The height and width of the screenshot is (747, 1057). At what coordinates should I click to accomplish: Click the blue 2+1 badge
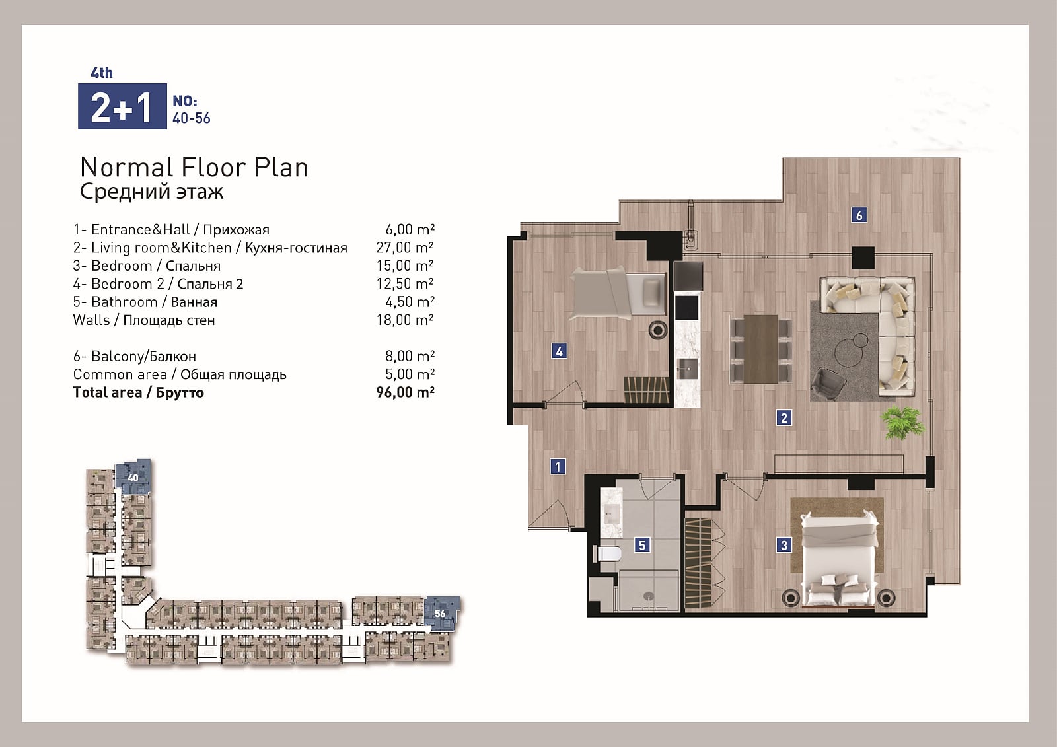(122, 106)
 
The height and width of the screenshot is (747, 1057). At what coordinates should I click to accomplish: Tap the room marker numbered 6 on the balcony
(859, 215)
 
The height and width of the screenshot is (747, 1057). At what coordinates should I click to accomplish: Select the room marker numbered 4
(559, 351)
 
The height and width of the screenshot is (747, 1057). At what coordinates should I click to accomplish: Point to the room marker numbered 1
(558, 467)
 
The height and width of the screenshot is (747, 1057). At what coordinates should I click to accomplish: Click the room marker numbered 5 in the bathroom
(641, 546)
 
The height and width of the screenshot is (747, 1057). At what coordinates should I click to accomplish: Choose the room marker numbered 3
(784, 546)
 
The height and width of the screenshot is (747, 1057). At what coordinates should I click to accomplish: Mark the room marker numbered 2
(784, 417)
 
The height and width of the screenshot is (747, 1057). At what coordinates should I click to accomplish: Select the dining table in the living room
(760, 349)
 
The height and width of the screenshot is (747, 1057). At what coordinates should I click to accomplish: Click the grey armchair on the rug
(828, 383)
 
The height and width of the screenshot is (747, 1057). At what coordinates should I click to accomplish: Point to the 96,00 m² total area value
(405, 392)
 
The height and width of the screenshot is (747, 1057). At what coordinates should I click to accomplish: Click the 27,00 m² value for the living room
(405, 247)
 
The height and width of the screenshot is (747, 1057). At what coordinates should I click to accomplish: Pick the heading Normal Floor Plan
(194, 168)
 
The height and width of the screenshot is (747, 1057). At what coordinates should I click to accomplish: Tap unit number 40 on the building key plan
(133, 478)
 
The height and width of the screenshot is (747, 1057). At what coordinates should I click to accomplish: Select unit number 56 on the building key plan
(440, 614)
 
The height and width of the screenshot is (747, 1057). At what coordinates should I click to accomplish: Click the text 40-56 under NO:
(191, 118)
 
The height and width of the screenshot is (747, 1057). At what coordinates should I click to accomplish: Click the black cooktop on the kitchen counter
(686, 308)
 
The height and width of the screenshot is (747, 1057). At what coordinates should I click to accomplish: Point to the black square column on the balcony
(863, 258)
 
